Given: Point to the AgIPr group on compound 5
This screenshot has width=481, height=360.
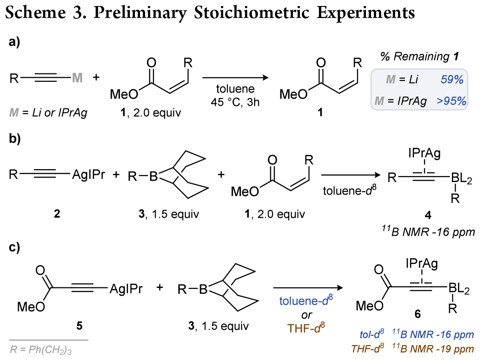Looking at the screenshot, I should (x=126, y=289).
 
